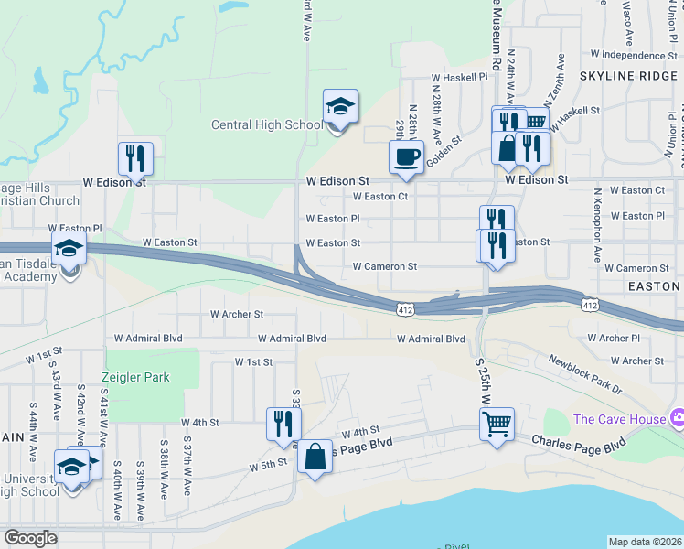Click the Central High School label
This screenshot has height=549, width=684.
tap(267, 125)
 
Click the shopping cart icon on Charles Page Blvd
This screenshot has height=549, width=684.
tap(497, 423)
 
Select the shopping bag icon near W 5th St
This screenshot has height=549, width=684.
tap(315, 457)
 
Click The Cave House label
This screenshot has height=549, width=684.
tap(617, 419)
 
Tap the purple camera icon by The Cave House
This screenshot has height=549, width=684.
tap(677, 418)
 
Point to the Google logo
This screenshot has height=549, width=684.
tap(31, 538)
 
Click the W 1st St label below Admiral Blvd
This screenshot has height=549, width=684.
tap(253, 362)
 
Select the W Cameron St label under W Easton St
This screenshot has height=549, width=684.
tap(385, 267)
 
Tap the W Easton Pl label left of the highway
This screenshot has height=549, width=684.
tap(77, 228)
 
